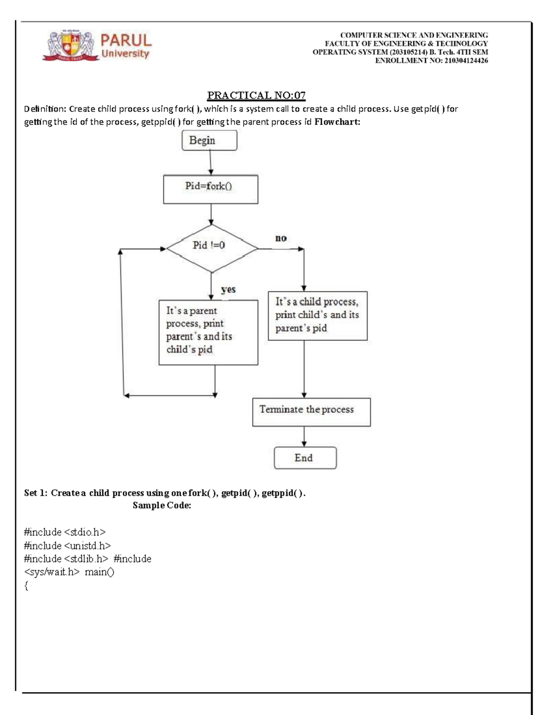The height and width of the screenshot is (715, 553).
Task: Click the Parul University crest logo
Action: point(71,46)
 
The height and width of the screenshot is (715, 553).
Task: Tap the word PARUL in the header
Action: point(126,41)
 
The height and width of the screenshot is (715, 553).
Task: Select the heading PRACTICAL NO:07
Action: point(256,95)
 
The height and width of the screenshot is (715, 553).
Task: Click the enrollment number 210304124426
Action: point(466,61)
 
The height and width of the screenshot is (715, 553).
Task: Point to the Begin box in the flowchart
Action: point(209,140)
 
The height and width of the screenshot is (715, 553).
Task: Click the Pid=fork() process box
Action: point(211,189)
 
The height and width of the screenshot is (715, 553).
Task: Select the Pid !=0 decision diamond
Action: point(211,248)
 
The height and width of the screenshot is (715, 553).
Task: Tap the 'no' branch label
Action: point(281,238)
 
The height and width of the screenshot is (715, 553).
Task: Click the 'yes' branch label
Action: point(228,290)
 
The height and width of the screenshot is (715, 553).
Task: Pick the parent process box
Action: point(208,332)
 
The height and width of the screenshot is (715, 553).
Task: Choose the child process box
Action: point(318,316)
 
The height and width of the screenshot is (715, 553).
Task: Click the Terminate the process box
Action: point(311,412)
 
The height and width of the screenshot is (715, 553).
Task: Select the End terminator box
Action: point(305,458)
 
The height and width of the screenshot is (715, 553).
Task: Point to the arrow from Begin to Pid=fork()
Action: point(211,163)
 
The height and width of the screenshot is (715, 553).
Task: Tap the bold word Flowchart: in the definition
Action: point(337,122)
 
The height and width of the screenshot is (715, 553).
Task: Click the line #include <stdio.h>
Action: point(65,532)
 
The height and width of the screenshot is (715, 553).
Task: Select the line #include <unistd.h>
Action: point(67,546)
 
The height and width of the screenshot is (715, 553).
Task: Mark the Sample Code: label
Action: point(162,506)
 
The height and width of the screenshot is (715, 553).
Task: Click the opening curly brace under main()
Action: point(27,586)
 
